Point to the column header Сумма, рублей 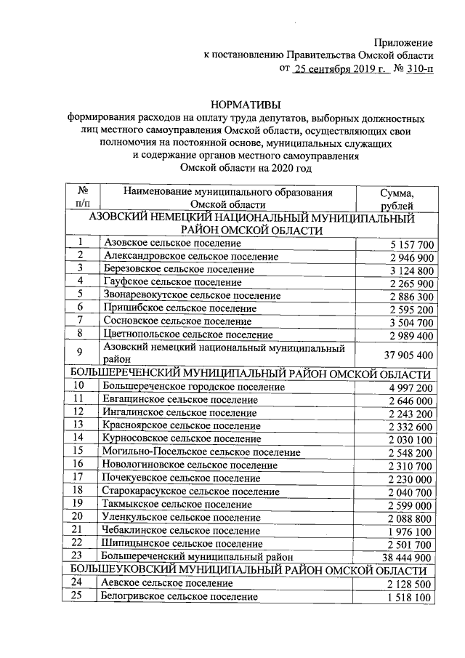[x=396, y=199]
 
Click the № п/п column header [x=83, y=199]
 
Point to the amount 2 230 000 [x=411, y=479]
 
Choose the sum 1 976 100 [x=411, y=531]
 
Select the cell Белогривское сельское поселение [x=181, y=597]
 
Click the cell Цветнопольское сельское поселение [x=188, y=335]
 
